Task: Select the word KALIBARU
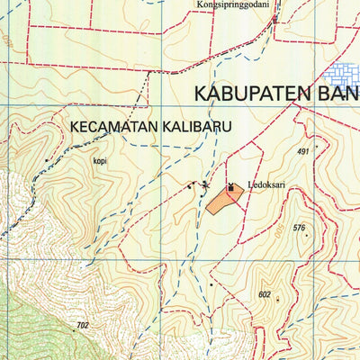tap(192, 128)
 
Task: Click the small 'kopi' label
tap(99, 163)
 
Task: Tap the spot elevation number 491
tap(302, 151)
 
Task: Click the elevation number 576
tap(299, 228)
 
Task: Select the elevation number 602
tap(264, 294)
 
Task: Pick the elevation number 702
tap(83, 325)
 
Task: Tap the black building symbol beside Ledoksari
tap(230, 188)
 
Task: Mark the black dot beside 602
tap(277, 300)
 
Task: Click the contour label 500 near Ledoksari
tap(278, 231)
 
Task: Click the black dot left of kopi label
tap(47, 161)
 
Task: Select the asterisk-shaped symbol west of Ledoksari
tap(204, 185)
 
